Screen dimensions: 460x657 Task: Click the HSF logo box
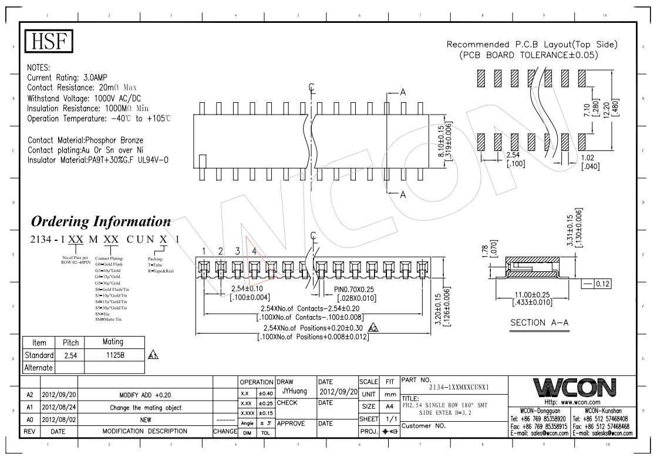coord(49,43)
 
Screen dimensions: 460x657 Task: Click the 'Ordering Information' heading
coord(100,222)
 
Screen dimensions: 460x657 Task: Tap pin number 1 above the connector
coord(203,251)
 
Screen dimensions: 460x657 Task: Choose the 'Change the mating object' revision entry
coord(144,407)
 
